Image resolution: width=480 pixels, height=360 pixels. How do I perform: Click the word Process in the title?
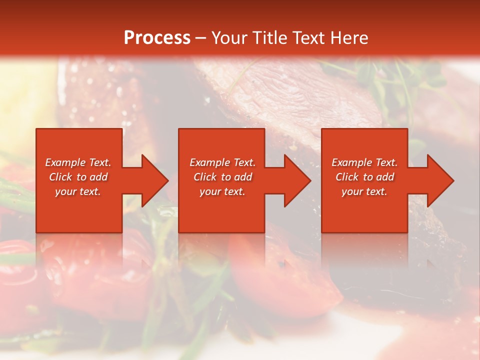(157, 38)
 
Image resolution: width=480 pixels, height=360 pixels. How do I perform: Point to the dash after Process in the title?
(201, 38)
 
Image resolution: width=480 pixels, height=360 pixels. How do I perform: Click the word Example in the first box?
(65, 162)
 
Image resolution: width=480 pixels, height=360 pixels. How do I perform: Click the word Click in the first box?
(61, 177)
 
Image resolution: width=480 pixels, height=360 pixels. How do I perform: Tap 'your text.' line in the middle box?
(222, 191)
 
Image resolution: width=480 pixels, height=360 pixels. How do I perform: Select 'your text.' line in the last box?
(364, 191)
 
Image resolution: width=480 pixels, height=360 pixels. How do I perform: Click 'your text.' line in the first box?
(78, 191)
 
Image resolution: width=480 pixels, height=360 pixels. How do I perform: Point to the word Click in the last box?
(348, 177)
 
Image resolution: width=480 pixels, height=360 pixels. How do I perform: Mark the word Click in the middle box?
(205, 177)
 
